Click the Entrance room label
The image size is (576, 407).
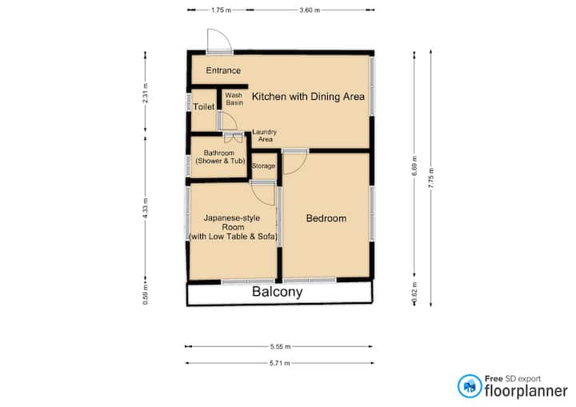(223, 70)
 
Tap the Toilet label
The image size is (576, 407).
(204, 106)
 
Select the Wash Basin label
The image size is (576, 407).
(234, 99)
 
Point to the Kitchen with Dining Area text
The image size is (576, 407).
(308, 96)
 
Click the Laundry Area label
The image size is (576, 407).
(265, 135)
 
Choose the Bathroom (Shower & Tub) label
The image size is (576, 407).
(220, 157)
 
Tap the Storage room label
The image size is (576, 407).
(263, 166)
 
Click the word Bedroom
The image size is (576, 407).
(326, 218)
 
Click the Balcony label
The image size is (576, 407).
(278, 292)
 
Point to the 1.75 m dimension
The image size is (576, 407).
(221, 10)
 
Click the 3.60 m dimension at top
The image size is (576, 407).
(310, 10)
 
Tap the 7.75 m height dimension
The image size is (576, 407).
(431, 178)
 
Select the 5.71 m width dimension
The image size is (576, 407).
(279, 363)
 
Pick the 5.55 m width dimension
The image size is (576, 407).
(280, 346)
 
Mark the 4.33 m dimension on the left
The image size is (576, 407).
(146, 208)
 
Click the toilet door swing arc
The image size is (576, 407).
(232, 118)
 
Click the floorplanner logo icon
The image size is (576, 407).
(470, 386)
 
